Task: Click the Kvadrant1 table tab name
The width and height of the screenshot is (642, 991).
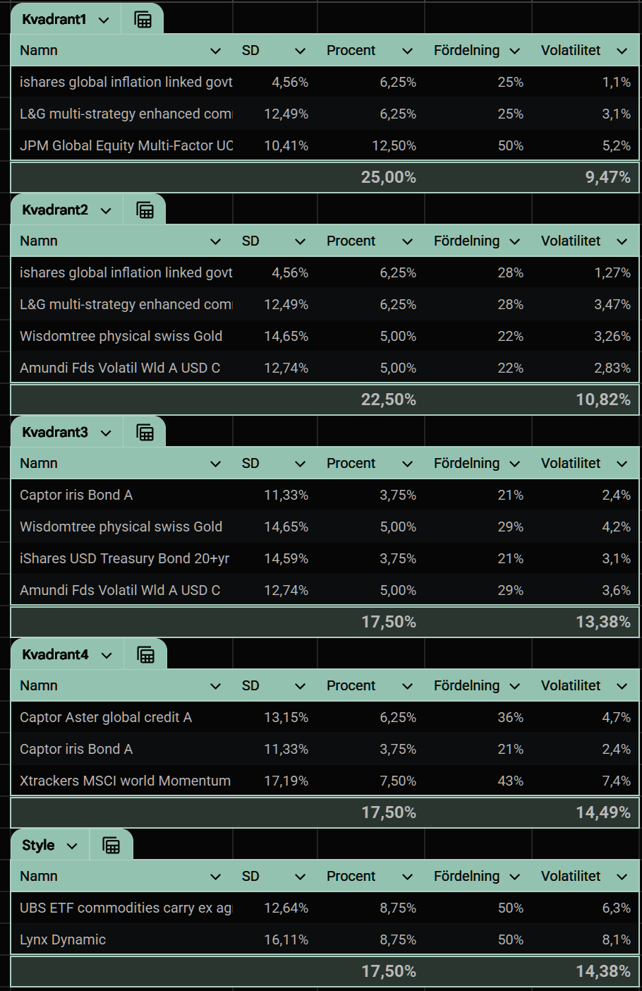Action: pyautogui.click(x=54, y=20)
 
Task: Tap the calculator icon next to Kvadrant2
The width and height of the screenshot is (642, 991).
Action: pyautogui.click(x=145, y=210)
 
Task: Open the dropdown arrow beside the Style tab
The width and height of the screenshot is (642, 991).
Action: pyautogui.click(x=72, y=846)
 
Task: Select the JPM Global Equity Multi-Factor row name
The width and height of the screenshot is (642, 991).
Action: pyautogui.click(x=126, y=145)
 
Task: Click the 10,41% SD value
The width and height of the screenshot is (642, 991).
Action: pyautogui.click(x=286, y=145)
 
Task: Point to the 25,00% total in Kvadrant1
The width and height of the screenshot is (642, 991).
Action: pyautogui.click(x=389, y=177)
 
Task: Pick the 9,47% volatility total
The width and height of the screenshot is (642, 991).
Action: pyautogui.click(x=608, y=177)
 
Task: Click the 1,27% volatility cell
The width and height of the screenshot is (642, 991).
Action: pyautogui.click(x=612, y=272)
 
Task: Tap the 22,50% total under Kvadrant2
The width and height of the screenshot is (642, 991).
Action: pyautogui.click(x=389, y=400)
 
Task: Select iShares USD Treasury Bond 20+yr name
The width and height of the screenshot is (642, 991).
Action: pyautogui.click(x=125, y=558)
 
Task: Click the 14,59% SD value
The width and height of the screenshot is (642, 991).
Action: pyautogui.click(x=286, y=558)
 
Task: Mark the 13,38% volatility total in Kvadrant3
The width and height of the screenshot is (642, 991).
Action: pyautogui.click(x=603, y=622)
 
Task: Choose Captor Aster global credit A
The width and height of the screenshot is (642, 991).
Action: pyautogui.click(x=106, y=717)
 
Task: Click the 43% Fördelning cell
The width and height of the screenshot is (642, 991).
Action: pyautogui.click(x=511, y=781)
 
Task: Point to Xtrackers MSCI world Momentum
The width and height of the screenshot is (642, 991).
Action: pyautogui.click(x=125, y=781)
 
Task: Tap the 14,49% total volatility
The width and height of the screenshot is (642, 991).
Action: pyautogui.click(x=603, y=812)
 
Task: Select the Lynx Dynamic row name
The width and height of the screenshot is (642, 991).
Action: pyautogui.click(x=63, y=939)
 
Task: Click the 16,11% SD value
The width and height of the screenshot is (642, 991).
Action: pyautogui.click(x=286, y=939)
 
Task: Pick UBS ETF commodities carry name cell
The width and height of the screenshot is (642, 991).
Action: pyautogui.click(x=126, y=908)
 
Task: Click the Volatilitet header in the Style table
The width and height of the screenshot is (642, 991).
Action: pyautogui.click(x=570, y=876)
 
